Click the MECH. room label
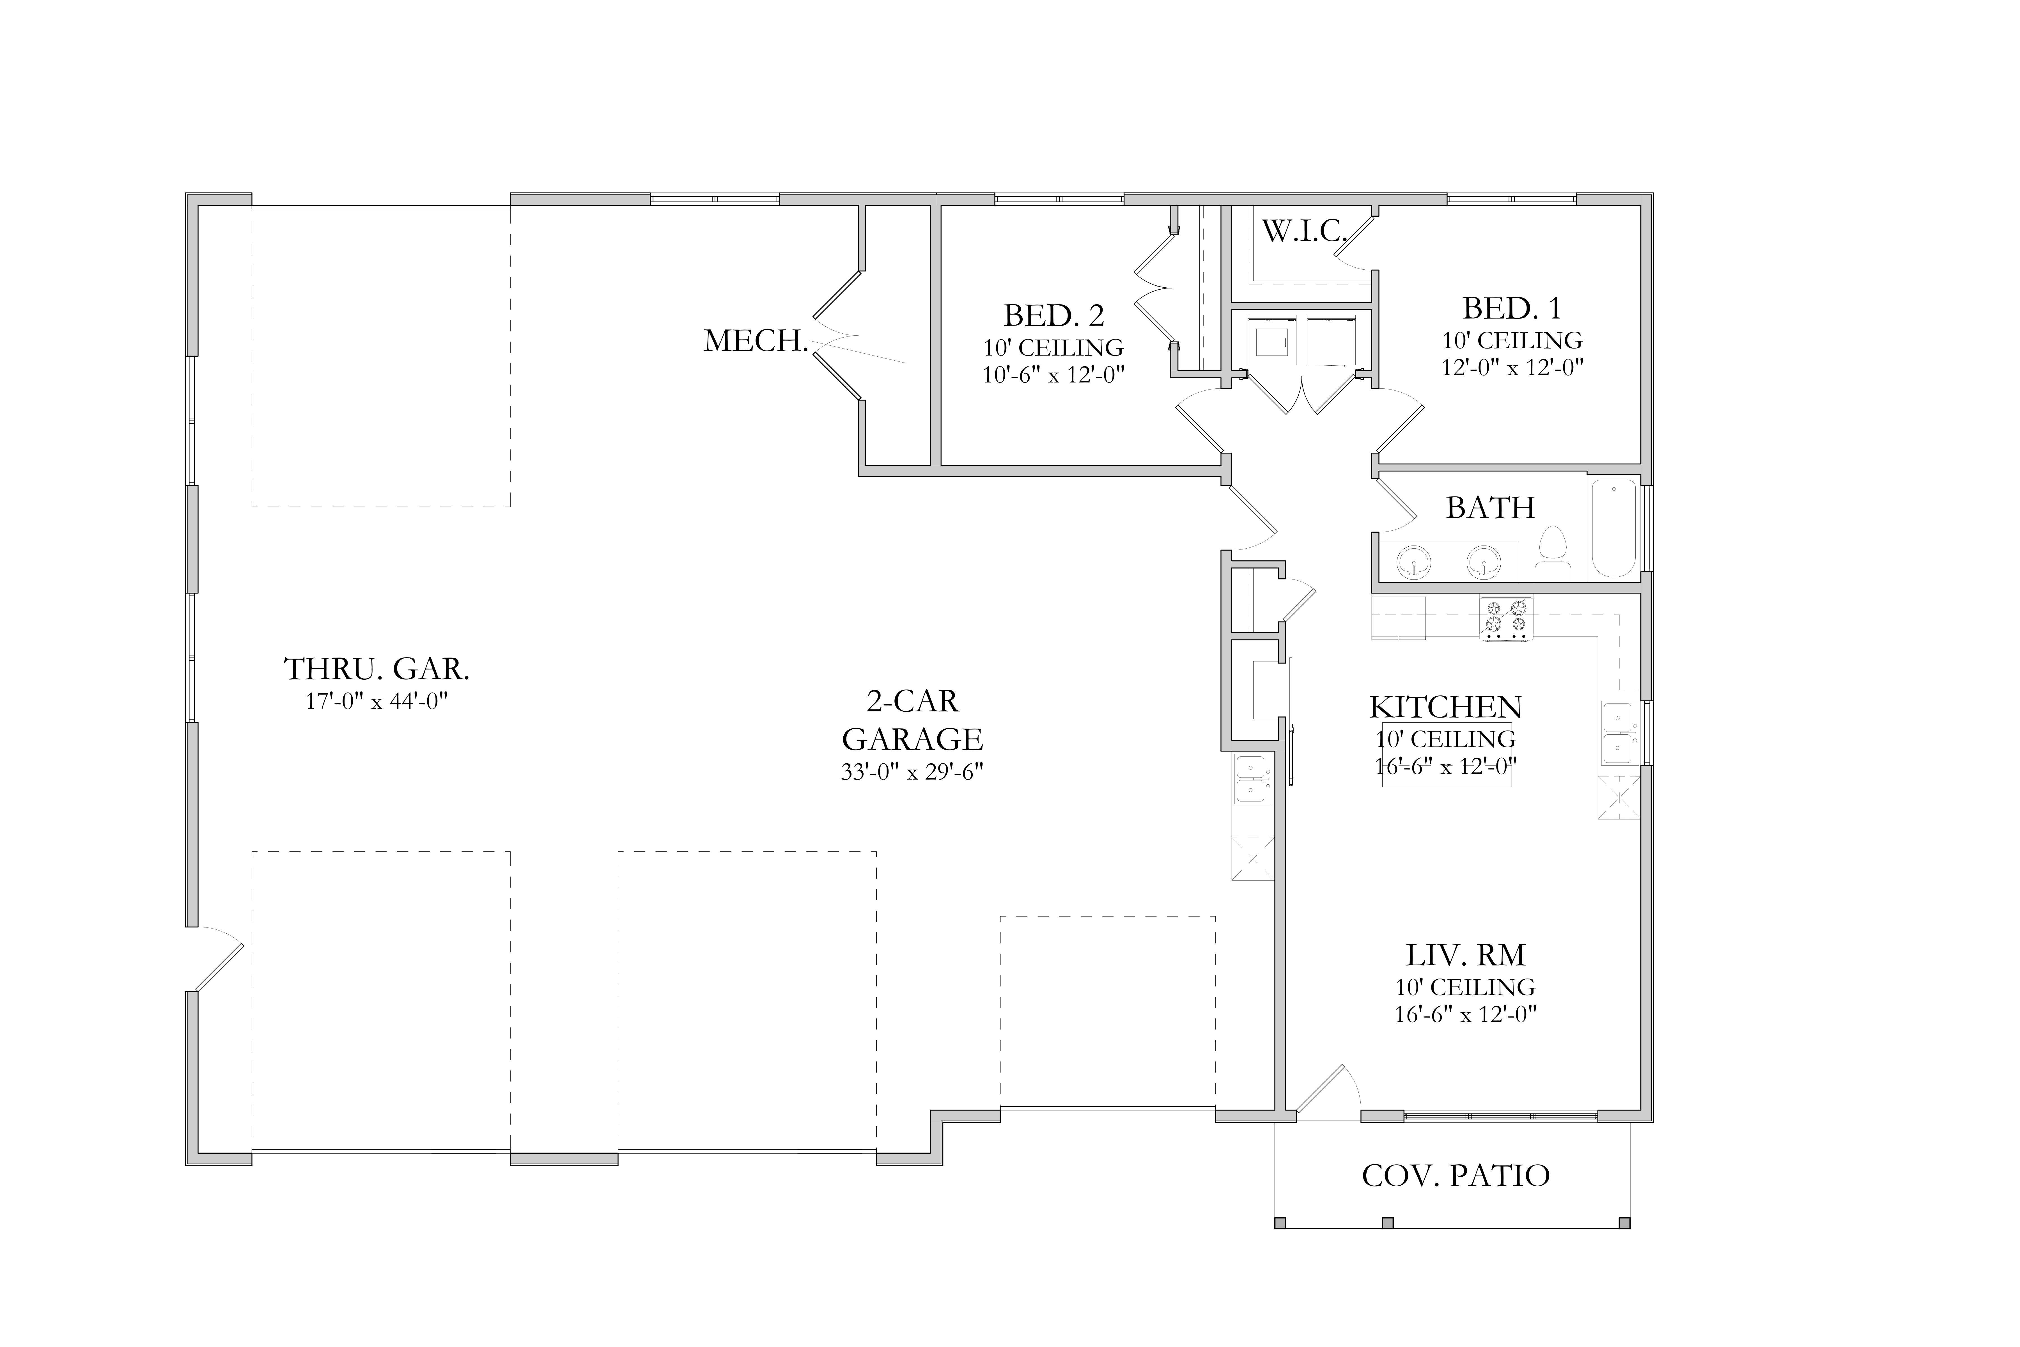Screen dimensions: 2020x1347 756,341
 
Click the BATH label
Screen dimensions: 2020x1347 1490,508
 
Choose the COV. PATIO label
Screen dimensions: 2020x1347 1456,1175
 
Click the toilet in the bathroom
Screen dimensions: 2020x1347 1552,555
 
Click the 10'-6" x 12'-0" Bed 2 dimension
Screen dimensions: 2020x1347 1054,375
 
